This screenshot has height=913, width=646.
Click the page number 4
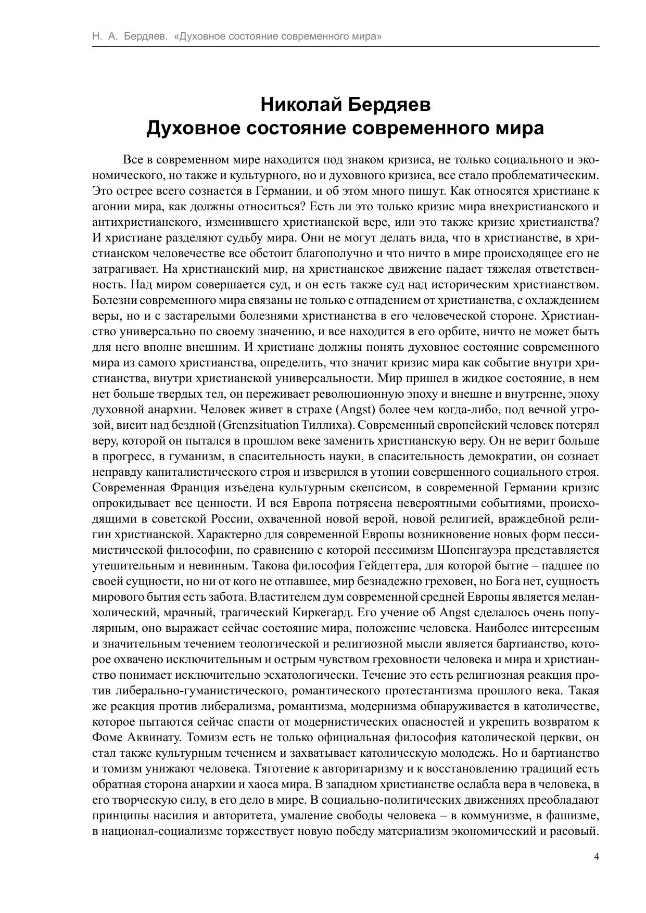coord(597,856)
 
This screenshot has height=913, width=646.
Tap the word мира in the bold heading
coord(517,128)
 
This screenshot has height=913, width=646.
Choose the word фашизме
coord(572,815)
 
